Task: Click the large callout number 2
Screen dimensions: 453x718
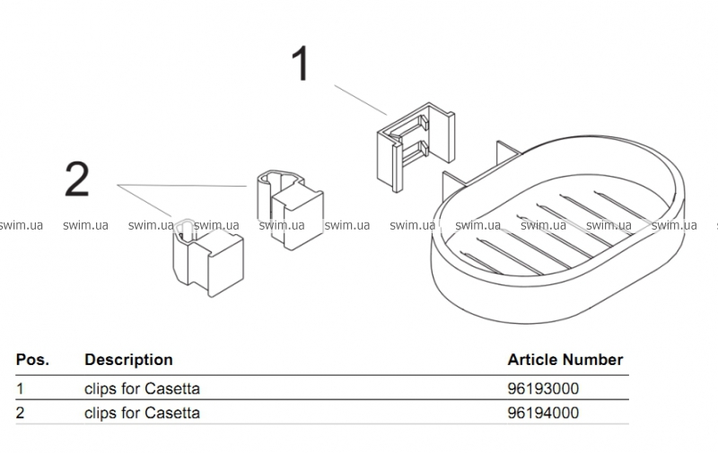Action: [x=77, y=179]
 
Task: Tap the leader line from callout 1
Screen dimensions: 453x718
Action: [x=361, y=99]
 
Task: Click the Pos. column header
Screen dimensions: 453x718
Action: [x=32, y=360]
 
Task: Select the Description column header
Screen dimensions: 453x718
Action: [x=128, y=360]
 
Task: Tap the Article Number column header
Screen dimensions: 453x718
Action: [x=565, y=360]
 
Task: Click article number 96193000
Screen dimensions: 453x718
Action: [x=543, y=389]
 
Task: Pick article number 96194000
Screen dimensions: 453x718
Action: [x=543, y=414]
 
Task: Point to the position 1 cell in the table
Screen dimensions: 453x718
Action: [x=21, y=389]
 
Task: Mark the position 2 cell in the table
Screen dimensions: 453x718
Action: [x=21, y=414]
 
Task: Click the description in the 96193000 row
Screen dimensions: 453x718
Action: [x=142, y=389]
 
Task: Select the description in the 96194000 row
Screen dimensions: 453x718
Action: [x=142, y=414]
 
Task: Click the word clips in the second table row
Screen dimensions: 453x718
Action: [x=101, y=414]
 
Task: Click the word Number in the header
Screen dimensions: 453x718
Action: [x=593, y=360]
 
